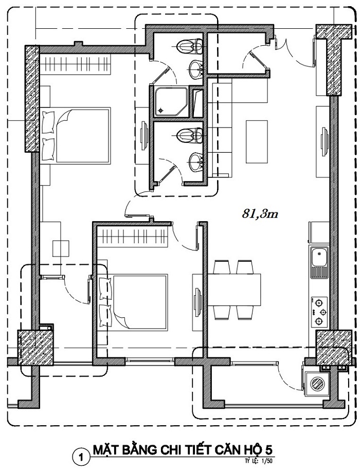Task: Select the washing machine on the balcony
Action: point(317,384)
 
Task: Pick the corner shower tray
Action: point(171,101)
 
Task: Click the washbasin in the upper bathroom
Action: point(196,70)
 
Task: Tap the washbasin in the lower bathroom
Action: point(196,162)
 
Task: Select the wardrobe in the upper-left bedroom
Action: point(75,65)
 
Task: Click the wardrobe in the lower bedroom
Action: point(133,238)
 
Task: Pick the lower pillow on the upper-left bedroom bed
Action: point(49,149)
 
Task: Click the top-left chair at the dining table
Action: point(222,267)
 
